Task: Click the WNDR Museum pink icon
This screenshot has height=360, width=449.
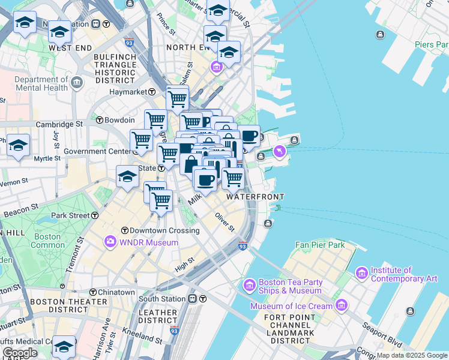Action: pos(110,242)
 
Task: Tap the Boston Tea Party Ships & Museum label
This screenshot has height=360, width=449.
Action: pos(290,286)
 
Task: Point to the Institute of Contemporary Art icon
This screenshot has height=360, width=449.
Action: pos(361,274)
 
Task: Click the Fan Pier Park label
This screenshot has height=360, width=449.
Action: pos(320,245)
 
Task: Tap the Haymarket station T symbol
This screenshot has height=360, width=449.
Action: pos(153,92)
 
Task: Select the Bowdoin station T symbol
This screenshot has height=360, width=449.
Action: pos(100,120)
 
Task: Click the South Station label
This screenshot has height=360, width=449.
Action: pos(162,298)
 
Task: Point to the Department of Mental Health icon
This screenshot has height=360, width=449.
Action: pos(77,83)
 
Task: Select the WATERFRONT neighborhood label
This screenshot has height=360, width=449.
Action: pos(255,197)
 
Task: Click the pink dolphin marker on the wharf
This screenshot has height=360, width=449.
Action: pos(279,153)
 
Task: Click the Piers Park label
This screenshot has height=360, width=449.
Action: pos(431,44)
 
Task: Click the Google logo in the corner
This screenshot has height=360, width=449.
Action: pos(19,353)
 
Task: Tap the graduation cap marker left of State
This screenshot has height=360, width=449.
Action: pos(127,176)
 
